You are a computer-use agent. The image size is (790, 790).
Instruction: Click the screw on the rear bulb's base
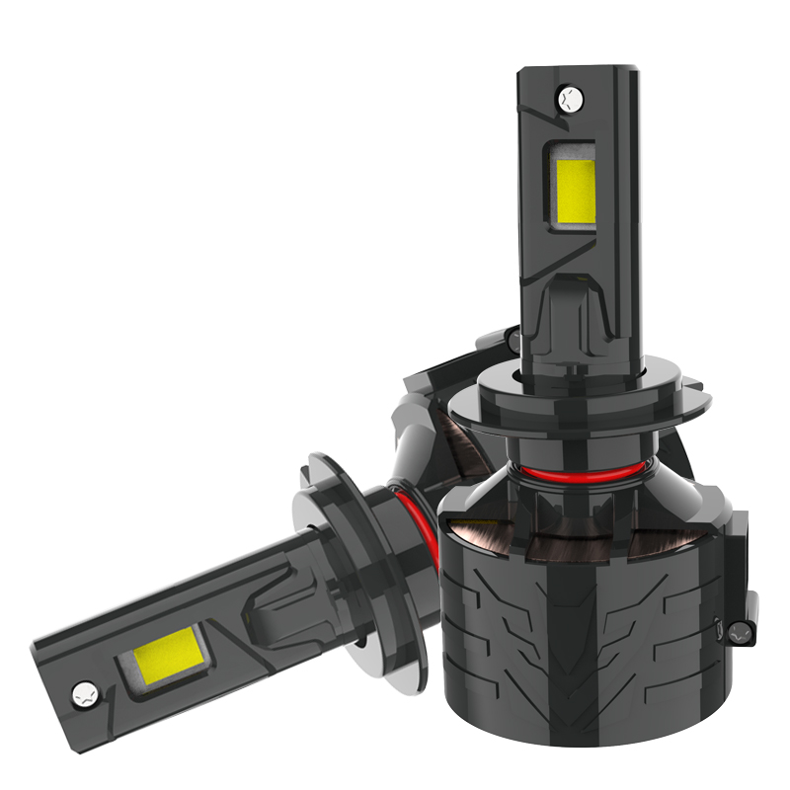point(512,339)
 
